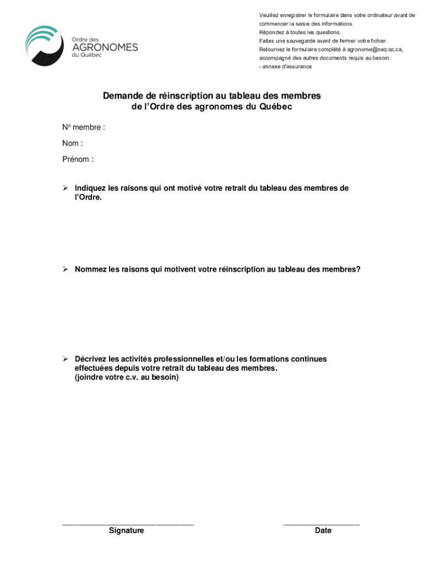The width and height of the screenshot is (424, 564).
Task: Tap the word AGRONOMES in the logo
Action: pos(105,47)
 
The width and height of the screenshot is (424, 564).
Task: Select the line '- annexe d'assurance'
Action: pos(285,67)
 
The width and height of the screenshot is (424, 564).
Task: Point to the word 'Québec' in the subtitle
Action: pos(274,107)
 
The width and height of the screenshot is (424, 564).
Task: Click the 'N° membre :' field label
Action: pos(84,128)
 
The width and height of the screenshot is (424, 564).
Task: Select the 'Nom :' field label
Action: pos(73,144)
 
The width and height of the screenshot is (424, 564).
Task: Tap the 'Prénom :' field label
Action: pos(78,160)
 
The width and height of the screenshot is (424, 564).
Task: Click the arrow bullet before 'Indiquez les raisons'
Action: pos(65,188)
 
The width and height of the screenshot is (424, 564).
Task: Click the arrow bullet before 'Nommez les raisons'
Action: pos(65,269)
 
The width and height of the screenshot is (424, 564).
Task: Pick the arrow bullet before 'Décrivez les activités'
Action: pos(65,359)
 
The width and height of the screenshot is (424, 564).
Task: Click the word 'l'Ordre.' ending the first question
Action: pos(89,197)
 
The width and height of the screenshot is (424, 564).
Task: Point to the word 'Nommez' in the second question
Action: pos(91,269)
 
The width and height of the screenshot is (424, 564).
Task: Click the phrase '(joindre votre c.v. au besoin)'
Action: pos(127,378)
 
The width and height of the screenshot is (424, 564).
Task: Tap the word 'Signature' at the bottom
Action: pos(127,530)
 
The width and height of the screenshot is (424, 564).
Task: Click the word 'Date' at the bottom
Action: pos(323,530)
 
